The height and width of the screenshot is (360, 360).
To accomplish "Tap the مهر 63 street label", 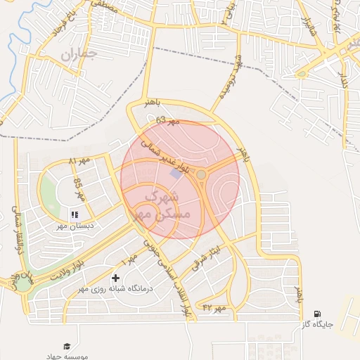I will pyautogui.click(x=167, y=121).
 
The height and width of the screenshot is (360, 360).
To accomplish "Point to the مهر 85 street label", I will pyautogui.click(x=78, y=188).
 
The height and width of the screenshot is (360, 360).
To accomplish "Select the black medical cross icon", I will pyautogui.click(x=116, y=279).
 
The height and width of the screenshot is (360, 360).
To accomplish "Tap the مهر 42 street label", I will pyautogui.click(x=212, y=307).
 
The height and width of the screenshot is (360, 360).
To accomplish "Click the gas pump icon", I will pyautogui.click(x=318, y=314).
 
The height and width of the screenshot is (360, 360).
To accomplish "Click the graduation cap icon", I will pyautogui.click(x=67, y=346).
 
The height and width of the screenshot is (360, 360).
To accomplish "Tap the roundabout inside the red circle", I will pyautogui.click(x=201, y=174).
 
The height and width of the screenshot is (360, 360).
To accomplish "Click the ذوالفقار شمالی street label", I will pyautogui.click(x=16, y=226).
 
